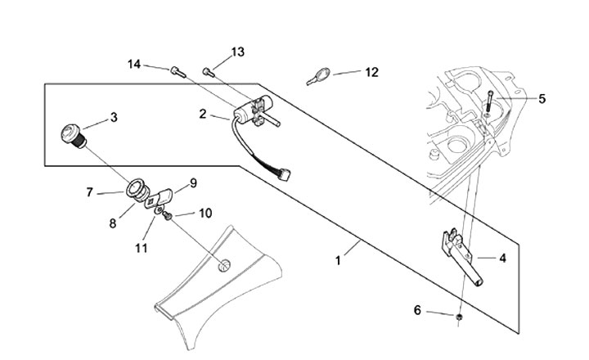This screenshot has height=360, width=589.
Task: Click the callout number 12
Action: click(371, 72)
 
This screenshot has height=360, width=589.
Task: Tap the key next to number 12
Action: click(318, 76)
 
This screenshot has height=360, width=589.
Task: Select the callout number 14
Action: click(134, 65)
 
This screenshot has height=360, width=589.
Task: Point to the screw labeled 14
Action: click(178, 71)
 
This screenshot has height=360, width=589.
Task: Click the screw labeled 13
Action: click(209, 72)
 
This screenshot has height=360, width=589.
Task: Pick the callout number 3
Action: click(114, 117)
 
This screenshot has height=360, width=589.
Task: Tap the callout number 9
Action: click(193, 183)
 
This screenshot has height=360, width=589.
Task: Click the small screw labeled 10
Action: click(167, 215)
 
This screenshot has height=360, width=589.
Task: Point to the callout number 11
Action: click(142, 248)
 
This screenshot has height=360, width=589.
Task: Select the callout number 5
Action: click(542, 98)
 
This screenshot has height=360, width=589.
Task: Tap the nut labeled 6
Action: click(459, 317)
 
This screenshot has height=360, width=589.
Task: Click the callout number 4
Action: click(502, 259)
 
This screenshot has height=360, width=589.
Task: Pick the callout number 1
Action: click(338, 260)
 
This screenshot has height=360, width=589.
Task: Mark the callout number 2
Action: click(203, 114)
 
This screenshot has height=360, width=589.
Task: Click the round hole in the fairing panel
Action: click(224, 266)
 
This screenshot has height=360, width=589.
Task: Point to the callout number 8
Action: click(113, 223)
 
